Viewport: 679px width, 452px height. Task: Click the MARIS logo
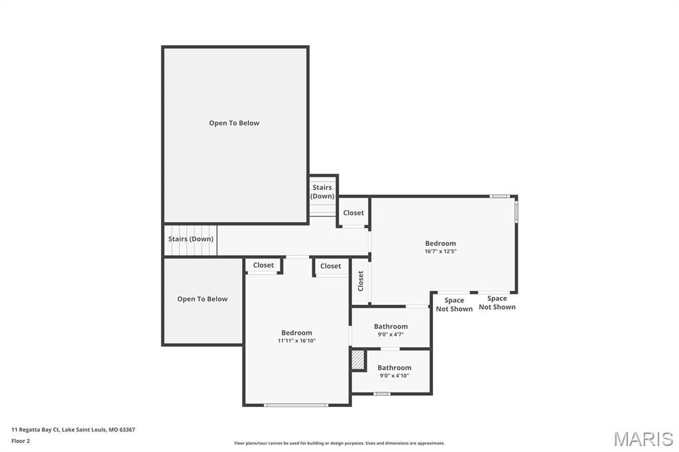[643, 439]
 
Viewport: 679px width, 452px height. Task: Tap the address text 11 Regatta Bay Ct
[73, 429]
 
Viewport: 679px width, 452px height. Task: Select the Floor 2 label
[21, 441]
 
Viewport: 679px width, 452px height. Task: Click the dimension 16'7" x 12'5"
[440, 252]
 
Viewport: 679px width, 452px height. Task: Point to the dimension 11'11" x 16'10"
[296, 341]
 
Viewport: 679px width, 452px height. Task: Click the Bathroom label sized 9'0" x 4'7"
[391, 326]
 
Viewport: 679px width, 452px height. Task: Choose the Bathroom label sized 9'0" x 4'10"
[394, 368]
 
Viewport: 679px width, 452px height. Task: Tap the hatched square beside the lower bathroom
[358, 360]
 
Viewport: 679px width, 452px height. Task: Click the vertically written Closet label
[361, 281]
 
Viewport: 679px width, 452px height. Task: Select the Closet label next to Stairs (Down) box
[353, 213]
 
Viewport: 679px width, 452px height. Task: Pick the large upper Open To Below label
[234, 123]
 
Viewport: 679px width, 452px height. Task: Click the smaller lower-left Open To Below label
[202, 299]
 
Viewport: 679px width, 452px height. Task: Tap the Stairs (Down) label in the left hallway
[191, 239]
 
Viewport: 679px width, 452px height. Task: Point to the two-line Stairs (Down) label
[322, 192]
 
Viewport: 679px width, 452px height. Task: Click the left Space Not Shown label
[454, 305]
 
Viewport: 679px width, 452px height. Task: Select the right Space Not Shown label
[497, 303]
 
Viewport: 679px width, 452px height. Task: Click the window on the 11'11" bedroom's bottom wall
[296, 404]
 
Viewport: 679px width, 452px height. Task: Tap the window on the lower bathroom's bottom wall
[381, 394]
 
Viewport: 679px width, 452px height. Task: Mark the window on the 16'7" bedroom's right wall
[517, 211]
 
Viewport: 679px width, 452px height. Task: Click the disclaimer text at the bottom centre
[339, 443]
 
